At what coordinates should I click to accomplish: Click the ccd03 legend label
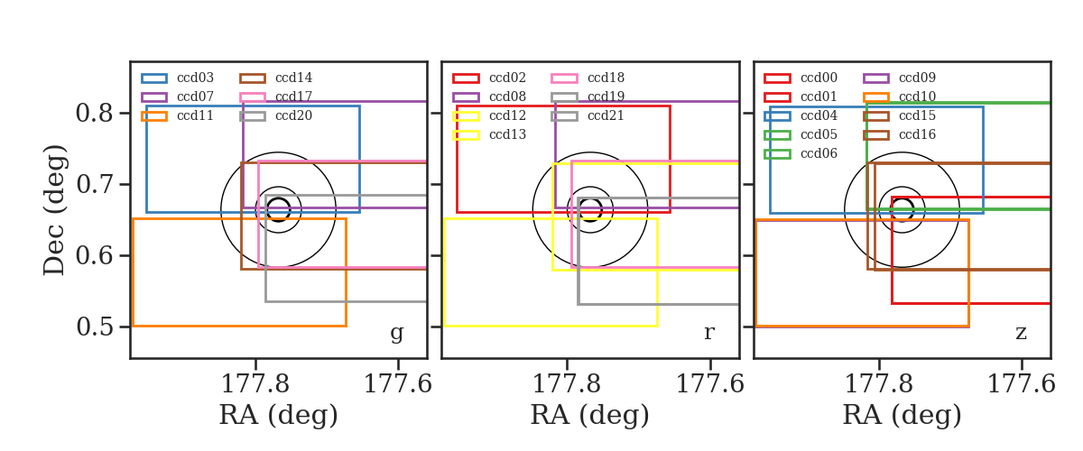[x=195, y=78]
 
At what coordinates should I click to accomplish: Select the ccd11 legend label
[x=195, y=116]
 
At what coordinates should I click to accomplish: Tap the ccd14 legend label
[x=293, y=78]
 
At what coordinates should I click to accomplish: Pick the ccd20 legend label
[x=293, y=116]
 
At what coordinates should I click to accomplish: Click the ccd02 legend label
[x=507, y=78]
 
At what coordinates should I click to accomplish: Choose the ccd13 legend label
[x=507, y=135]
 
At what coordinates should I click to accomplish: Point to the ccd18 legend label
[x=606, y=78]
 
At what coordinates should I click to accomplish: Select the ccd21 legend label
[x=606, y=116]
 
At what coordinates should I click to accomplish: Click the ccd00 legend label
[x=819, y=78]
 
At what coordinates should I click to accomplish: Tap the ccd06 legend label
[x=819, y=153]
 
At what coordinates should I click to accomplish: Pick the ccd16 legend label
[x=917, y=135]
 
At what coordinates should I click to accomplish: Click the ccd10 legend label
[x=917, y=97]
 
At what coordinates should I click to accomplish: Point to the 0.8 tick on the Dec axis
[x=94, y=113]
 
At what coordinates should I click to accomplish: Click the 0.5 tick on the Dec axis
[x=94, y=327]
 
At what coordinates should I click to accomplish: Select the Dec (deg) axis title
[x=54, y=210]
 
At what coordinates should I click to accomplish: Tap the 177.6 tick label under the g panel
[x=397, y=384]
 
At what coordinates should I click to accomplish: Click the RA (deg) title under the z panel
[x=902, y=415]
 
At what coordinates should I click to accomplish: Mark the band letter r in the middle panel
[x=708, y=332]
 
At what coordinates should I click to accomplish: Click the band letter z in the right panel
[x=1021, y=333]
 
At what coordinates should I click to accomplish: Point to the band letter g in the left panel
[x=396, y=333]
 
